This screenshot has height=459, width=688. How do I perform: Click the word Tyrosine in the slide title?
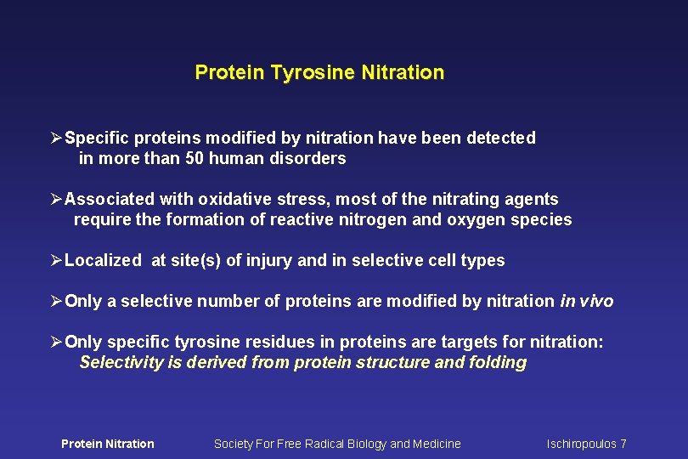[x=312, y=73]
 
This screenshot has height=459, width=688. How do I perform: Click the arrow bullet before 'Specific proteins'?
[x=56, y=138]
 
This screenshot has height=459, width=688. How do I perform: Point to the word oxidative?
[x=231, y=200]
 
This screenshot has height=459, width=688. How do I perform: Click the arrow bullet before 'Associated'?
[x=56, y=200]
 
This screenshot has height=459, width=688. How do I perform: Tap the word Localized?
[x=103, y=261]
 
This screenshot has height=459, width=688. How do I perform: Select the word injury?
[x=268, y=261]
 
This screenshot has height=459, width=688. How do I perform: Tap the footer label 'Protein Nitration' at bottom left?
[x=108, y=444]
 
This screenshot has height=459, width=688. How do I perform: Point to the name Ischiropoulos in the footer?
[x=582, y=444]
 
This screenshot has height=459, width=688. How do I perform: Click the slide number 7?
[x=623, y=444]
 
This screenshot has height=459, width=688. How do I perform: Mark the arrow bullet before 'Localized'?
[x=56, y=261]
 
